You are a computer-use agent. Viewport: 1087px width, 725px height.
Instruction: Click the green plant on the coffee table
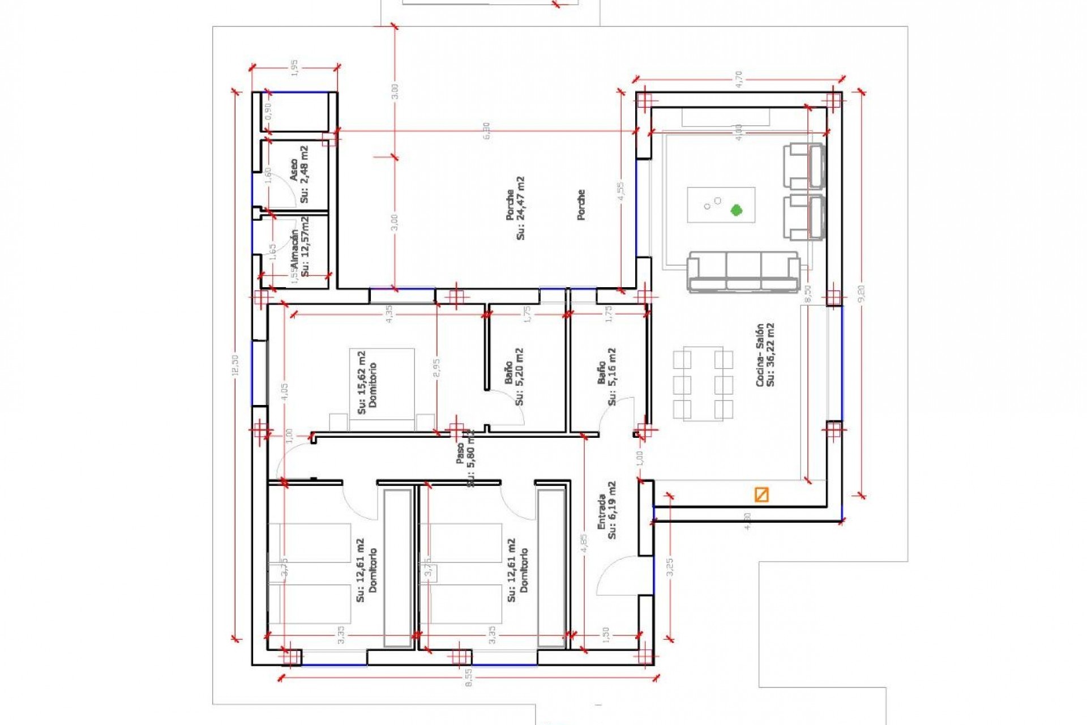[x=735, y=210]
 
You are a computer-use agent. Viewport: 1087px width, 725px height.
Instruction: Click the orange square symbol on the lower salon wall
[x=761, y=494]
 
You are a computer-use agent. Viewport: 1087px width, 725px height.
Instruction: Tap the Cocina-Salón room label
[x=765, y=355]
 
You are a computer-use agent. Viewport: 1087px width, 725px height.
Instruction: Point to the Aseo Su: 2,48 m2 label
[x=299, y=174]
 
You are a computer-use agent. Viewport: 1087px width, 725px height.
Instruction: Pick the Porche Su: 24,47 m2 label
[x=515, y=208]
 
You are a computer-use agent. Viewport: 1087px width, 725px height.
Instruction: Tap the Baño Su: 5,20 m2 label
[x=514, y=377]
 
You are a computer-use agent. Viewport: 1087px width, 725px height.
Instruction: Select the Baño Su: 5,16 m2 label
[x=607, y=377]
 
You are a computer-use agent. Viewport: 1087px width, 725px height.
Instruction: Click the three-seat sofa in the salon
[x=743, y=272]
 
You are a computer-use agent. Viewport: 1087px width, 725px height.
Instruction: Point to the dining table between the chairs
[x=703, y=383]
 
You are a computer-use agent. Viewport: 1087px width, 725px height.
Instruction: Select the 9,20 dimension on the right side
[x=861, y=293]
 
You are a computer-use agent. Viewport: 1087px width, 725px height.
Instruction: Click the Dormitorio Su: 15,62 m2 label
[x=367, y=382]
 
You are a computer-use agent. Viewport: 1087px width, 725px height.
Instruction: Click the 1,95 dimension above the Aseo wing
[x=294, y=67]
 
